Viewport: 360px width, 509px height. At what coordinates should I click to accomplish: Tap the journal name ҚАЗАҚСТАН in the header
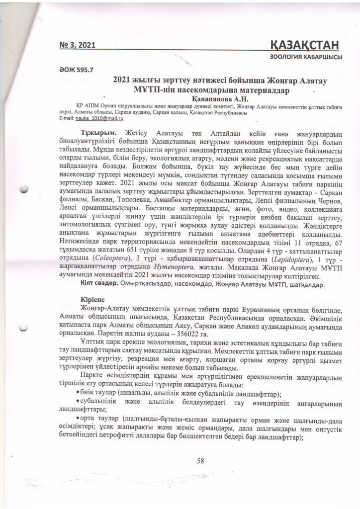(305, 45)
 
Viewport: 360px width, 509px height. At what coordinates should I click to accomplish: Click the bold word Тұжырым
(98, 134)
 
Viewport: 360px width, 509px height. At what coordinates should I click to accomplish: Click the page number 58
(200, 461)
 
